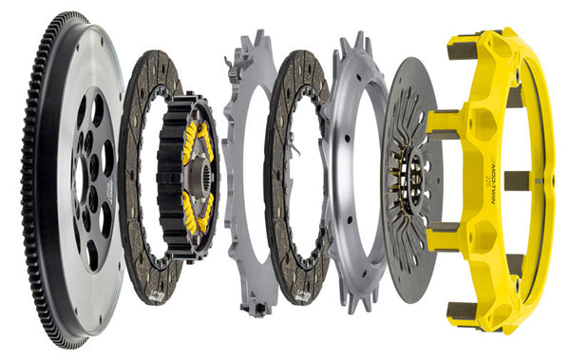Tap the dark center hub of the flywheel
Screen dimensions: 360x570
90,180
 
